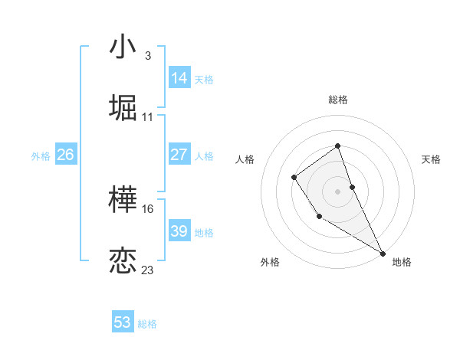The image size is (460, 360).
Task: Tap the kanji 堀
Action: click(123, 108)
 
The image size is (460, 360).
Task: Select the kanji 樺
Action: click(123, 201)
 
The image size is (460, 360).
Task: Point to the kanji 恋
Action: click(123, 261)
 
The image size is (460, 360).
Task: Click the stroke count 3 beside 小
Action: click(147, 56)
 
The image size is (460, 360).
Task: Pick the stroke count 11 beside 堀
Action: click(148, 116)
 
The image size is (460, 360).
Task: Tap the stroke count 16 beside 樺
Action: click(148, 209)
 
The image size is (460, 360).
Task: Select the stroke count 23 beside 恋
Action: click(148, 270)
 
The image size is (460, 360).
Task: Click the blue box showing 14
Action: click(179, 77)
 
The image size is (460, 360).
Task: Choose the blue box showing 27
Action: click(179, 155)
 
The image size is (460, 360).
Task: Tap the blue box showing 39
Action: click(179, 231)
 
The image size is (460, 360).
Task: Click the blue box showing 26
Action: click(65, 155)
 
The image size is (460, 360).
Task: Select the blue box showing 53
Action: click(123, 322)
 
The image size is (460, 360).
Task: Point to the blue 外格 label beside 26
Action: click(41, 156)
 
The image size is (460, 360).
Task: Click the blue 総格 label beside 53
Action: click(147, 324)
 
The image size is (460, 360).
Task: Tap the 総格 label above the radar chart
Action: click(338, 100)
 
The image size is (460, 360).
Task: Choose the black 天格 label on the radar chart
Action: click(431, 159)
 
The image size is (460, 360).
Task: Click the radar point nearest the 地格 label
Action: click(383, 253)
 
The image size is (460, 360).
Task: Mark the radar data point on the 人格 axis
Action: click(294, 178)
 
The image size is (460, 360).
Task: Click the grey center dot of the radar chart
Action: click(338, 191)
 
